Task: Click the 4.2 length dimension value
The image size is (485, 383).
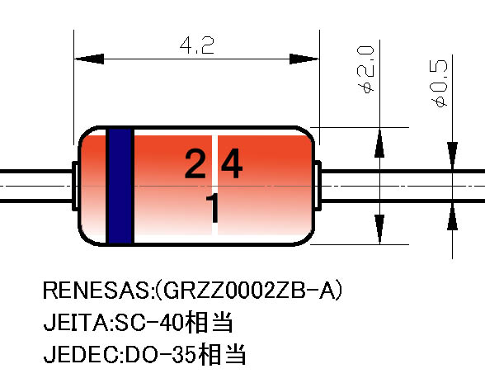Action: (x=196, y=45)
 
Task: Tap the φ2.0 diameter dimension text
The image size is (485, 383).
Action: (x=365, y=69)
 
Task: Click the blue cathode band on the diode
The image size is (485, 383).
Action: (x=120, y=186)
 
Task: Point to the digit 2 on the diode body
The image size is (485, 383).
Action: (x=195, y=163)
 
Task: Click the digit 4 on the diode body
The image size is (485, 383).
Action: (x=232, y=163)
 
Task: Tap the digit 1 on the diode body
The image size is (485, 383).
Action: (x=214, y=207)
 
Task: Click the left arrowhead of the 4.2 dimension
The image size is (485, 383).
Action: (x=89, y=59)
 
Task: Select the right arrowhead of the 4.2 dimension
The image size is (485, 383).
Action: (x=304, y=59)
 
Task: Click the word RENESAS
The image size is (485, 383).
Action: (x=97, y=290)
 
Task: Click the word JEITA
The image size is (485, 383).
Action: (x=77, y=322)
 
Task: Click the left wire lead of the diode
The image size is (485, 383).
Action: (x=36, y=186)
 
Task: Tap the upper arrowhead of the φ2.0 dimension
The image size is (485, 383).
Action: (x=379, y=144)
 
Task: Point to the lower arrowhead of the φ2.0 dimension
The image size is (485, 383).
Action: (x=379, y=229)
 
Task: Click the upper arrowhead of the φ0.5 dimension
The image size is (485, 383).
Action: (x=453, y=155)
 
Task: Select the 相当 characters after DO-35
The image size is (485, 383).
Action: (x=222, y=354)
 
